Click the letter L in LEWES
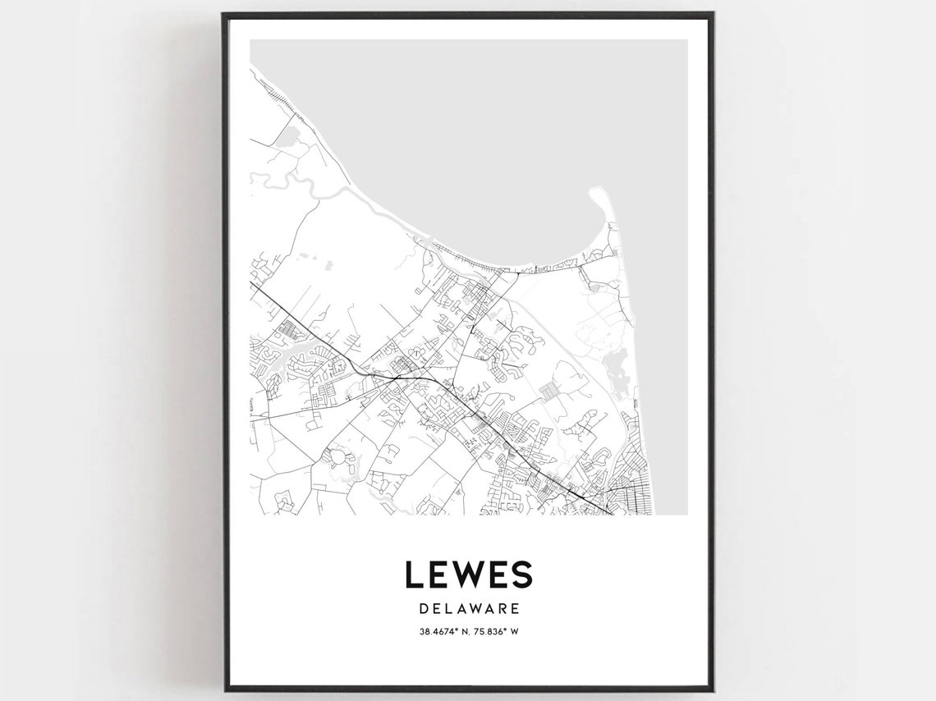(413, 575)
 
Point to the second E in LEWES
(498, 575)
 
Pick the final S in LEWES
(522, 575)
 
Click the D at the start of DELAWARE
(423, 609)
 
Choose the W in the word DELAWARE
(475, 609)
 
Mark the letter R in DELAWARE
(503, 609)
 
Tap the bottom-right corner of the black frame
(712, 688)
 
